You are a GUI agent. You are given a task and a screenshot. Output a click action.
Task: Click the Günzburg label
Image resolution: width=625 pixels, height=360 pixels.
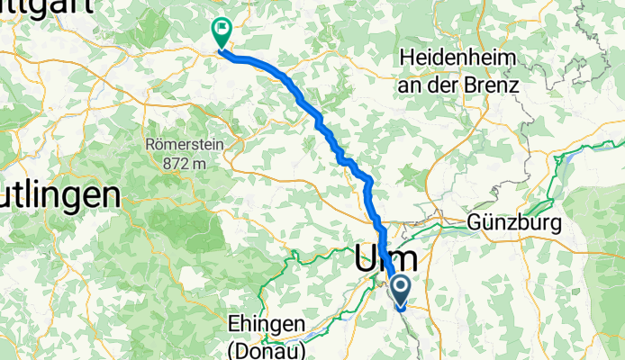(x=514, y=221)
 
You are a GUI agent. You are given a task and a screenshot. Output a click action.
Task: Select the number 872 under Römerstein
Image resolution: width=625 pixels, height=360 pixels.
(x=177, y=163)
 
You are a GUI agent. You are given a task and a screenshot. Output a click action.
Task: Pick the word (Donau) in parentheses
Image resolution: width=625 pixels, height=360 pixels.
(x=268, y=347)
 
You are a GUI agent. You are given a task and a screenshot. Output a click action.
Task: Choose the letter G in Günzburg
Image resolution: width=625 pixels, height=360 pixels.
(x=476, y=221)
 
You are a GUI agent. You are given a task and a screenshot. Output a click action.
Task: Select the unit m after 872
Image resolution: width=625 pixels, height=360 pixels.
(x=202, y=163)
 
